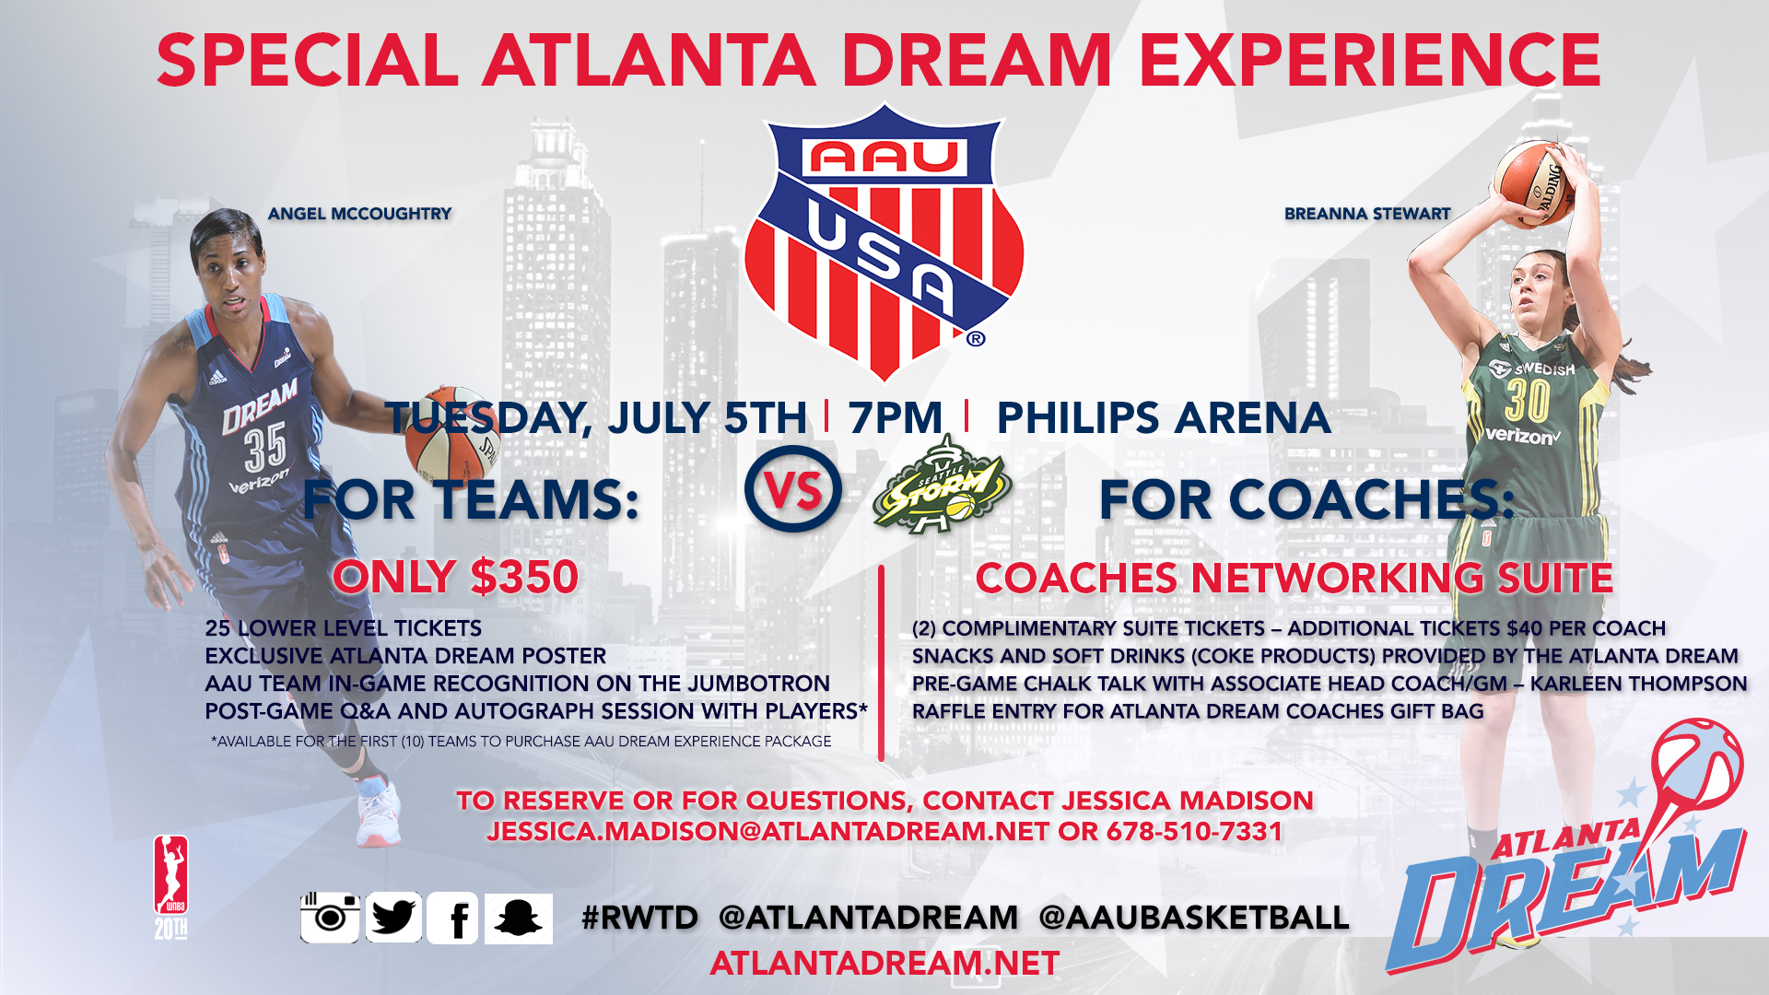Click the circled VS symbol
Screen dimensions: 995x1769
point(792,490)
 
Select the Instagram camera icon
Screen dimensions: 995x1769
point(330,918)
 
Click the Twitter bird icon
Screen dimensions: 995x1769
point(393,918)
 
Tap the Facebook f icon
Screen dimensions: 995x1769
point(453,919)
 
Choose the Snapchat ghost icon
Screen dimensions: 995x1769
point(518,919)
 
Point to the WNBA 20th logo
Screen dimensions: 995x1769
point(170,887)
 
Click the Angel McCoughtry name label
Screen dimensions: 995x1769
point(359,214)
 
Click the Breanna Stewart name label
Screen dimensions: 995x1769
point(1367,214)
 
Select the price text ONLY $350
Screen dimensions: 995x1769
point(456,578)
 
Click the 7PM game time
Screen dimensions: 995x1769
point(896,418)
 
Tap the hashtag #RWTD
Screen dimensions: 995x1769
point(640,918)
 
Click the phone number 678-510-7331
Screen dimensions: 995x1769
point(1194,831)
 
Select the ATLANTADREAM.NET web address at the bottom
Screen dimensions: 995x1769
point(884,964)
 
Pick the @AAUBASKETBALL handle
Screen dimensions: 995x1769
point(1194,918)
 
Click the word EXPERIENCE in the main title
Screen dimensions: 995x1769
point(1370,61)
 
